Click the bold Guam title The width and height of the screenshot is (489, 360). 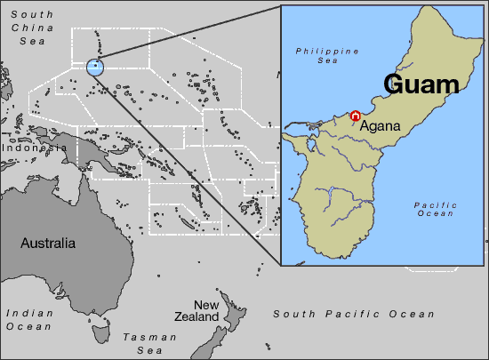pos(421,84)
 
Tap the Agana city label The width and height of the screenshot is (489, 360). pos(380,126)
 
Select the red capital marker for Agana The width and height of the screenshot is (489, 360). pos(355,116)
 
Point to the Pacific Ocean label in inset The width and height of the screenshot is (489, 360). pos(436,209)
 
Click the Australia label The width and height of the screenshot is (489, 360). pos(48,243)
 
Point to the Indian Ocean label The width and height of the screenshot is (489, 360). pos(28,319)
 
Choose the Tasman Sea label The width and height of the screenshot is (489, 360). pos(143,342)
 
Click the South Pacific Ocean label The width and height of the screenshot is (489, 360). pos(354,314)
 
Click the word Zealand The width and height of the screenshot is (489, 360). pos(196,317)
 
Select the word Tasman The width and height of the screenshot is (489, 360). pos(143,337)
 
